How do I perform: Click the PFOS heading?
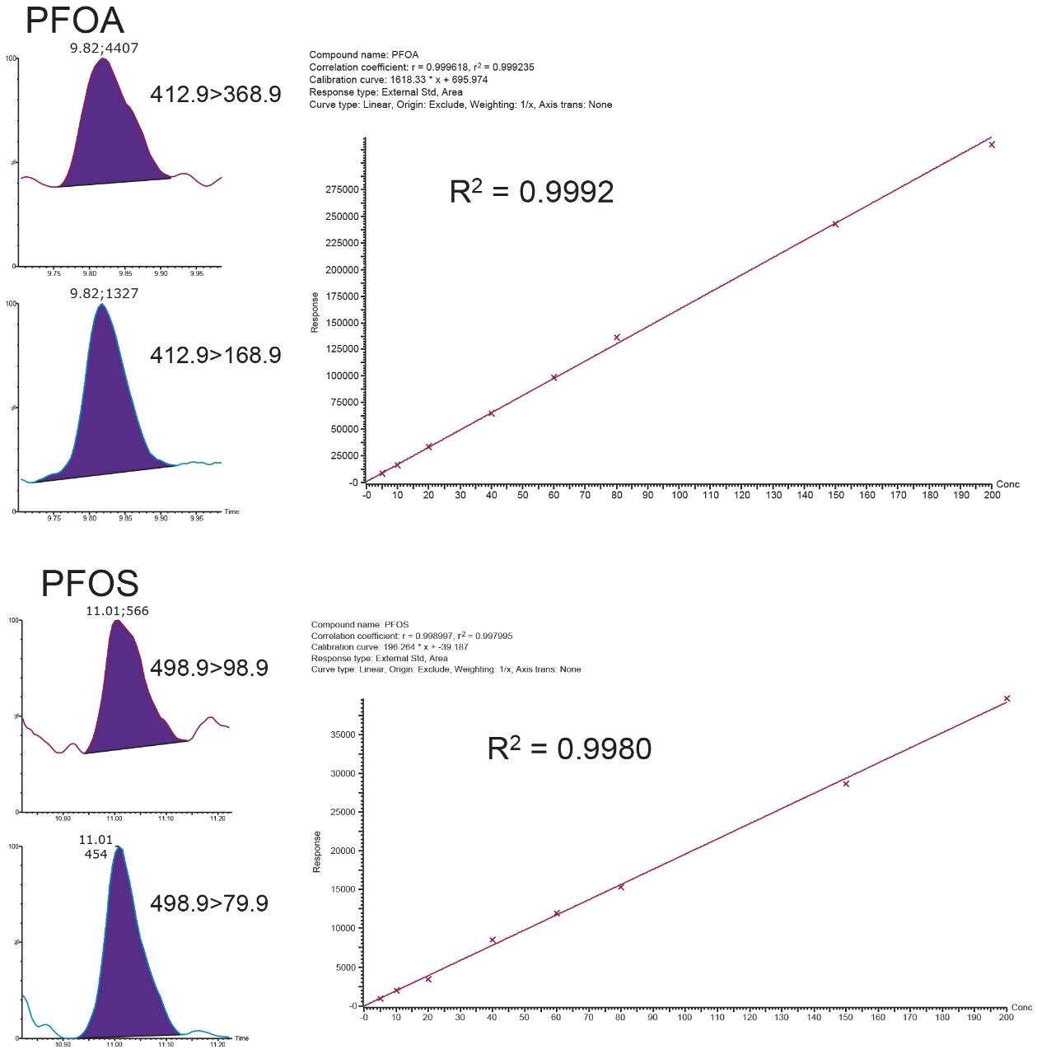pos(90,584)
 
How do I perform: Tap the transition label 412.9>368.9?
pos(215,95)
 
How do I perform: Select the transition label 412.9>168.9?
pos(215,356)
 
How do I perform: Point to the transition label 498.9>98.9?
pos(209,668)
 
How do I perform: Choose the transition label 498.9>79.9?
pos(209,903)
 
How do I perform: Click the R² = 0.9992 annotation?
pos(531,192)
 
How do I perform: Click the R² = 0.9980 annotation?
pos(569,749)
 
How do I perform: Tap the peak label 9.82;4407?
pos(104,49)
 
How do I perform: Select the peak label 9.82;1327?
pos(104,293)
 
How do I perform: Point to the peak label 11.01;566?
pos(118,611)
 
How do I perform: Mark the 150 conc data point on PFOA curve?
pos(835,224)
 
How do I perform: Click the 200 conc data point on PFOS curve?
pos(1007,698)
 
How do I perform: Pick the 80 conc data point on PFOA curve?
pos(616,338)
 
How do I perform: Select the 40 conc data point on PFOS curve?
pos(493,940)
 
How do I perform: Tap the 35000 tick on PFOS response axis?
pos(345,735)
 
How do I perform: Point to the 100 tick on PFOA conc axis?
pos(680,495)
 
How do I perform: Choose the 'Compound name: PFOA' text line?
pos(363,55)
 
